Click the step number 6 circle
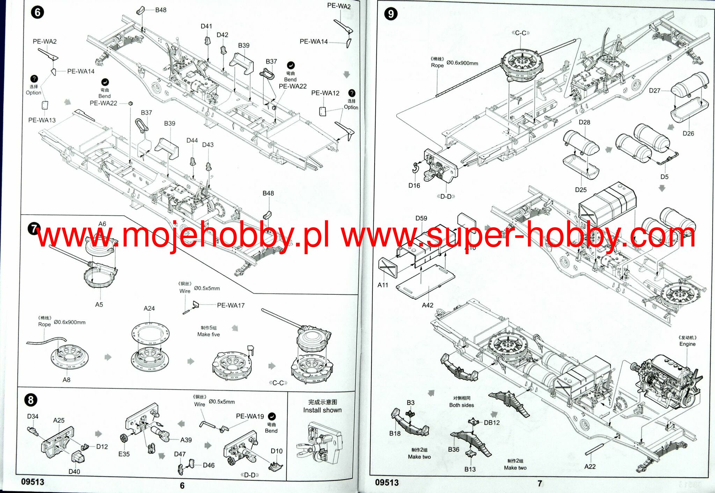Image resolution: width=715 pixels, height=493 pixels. pyautogui.click(x=37, y=13)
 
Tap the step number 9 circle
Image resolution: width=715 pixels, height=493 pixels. pyautogui.click(x=391, y=14)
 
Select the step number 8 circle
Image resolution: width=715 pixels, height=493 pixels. pyautogui.click(x=31, y=400)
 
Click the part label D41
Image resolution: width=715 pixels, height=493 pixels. pyautogui.click(x=206, y=26)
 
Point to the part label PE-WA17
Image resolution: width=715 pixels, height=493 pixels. pyautogui.click(x=231, y=305)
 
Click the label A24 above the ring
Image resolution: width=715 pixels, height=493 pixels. pyautogui.click(x=149, y=308)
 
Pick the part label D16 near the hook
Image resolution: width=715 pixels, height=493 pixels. pyautogui.click(x=414, y=186)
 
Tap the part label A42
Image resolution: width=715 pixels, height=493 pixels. pyautogui.click(x=427, y=305)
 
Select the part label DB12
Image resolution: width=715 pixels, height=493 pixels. pyautogui.click(x=492, y=423)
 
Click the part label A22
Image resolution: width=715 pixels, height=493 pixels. pyautogui.click(x=590, y=466)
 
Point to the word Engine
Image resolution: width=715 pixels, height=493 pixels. pyautogui.click(x=687, y=344)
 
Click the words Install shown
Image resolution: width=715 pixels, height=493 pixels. pyautogui.click(x=322, y=410)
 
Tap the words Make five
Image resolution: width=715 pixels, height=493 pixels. pyautogui.click(x=208, y=335)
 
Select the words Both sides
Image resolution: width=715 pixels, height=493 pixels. pyautogui.click(x=462, y=405)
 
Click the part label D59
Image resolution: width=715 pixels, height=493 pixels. pyautogui.click(x=421, y=218)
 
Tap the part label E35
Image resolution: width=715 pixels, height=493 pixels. pyautogui.click(x=124, y=454)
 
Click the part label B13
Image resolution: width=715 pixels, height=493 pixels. pyautogui.click(x=470, y=469)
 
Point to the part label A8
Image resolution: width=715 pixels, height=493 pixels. pyautogui.click(x=66, y=380)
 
